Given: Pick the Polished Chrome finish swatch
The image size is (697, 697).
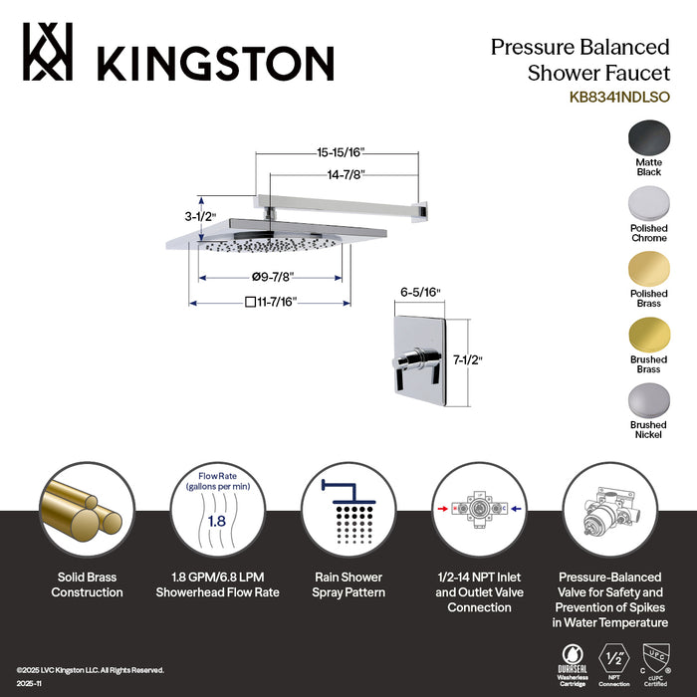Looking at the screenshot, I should tap(649, 204).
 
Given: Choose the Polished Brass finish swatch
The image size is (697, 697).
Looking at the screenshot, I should tap(649, 269).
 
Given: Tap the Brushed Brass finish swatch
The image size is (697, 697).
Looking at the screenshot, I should tap(649, 335).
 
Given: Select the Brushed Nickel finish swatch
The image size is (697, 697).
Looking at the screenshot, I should tap(649, 400).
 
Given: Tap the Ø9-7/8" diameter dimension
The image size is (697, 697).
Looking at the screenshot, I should tap(275, 276).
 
